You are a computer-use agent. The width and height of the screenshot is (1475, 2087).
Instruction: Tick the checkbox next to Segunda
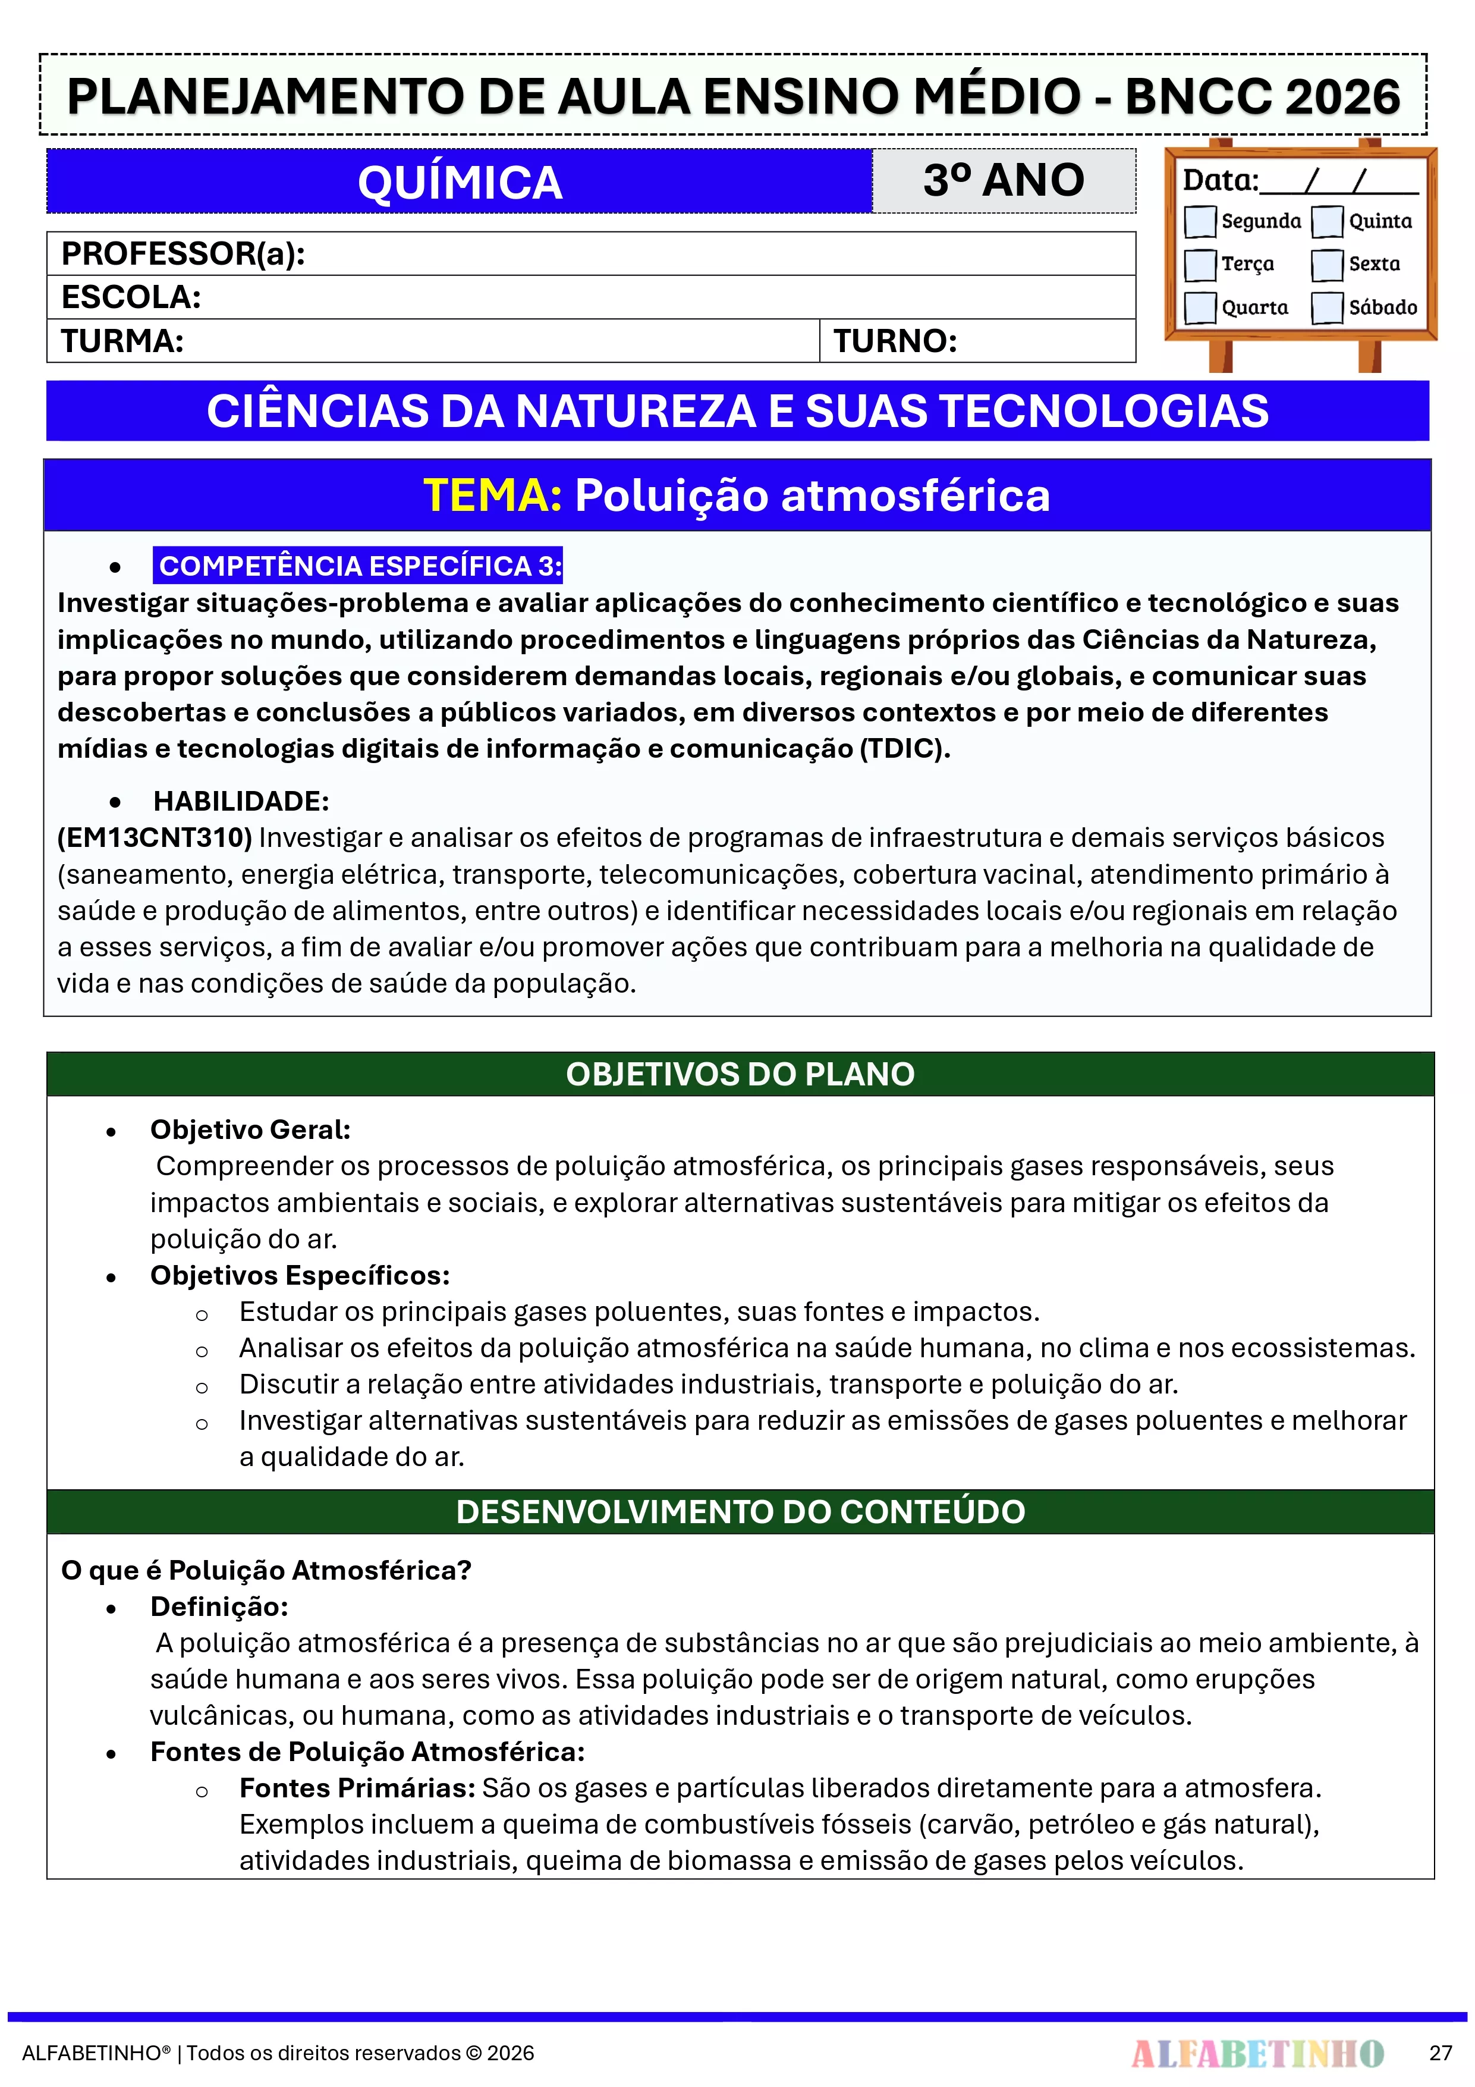point(1200,221)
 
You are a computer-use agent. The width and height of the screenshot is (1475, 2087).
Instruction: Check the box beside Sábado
point(1327,307)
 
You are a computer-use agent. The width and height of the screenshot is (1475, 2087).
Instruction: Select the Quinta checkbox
point(1327,221)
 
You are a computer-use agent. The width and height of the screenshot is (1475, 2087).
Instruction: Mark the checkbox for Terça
point(1200,265)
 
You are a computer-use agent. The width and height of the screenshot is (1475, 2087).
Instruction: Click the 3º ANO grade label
point(1004,180)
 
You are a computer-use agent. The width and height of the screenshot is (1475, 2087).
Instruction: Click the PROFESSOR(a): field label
point(183,253)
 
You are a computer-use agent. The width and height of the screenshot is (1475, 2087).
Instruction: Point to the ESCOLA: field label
point(131,297)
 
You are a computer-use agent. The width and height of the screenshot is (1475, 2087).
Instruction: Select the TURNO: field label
point(895,341)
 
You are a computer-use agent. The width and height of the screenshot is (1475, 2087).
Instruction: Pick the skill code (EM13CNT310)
point(155,837)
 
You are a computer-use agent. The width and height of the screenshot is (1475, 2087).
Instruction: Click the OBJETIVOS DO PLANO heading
point(740,1074)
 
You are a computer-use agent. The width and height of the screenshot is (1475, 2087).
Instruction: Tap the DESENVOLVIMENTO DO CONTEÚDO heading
point(740,1512)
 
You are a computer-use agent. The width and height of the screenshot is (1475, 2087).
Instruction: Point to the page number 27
point(1441,2053)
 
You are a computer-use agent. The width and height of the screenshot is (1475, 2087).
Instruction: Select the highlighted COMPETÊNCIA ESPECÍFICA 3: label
point(359,566)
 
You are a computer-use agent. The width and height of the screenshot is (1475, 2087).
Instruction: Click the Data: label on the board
point(1219,180)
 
